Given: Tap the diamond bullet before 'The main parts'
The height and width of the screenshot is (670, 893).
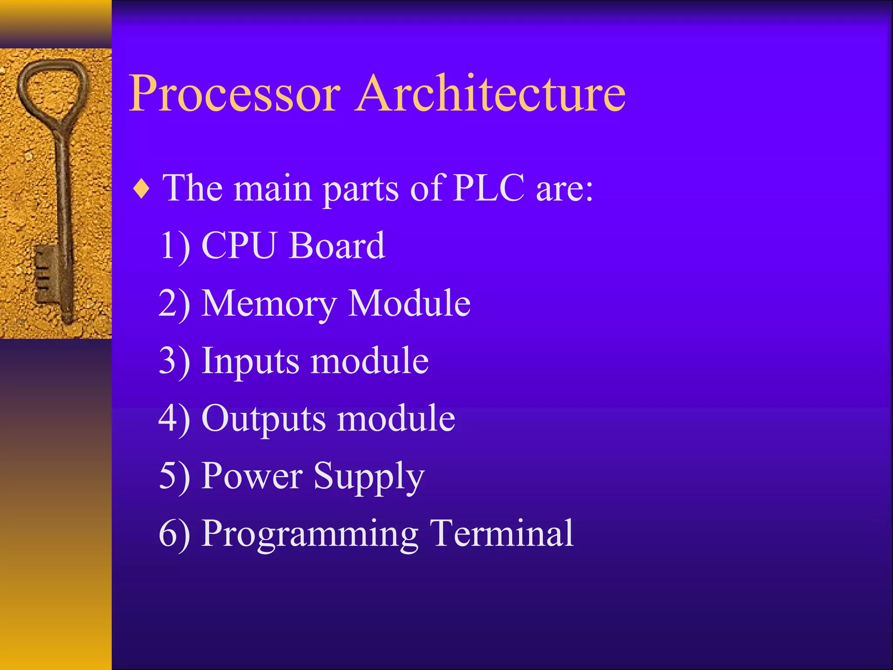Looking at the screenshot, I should [142, 190].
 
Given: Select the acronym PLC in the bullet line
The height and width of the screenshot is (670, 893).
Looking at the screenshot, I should [489, 188].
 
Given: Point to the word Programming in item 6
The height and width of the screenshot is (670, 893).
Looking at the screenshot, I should [310, 534].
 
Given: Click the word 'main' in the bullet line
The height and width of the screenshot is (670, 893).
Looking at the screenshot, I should [272, 188].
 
